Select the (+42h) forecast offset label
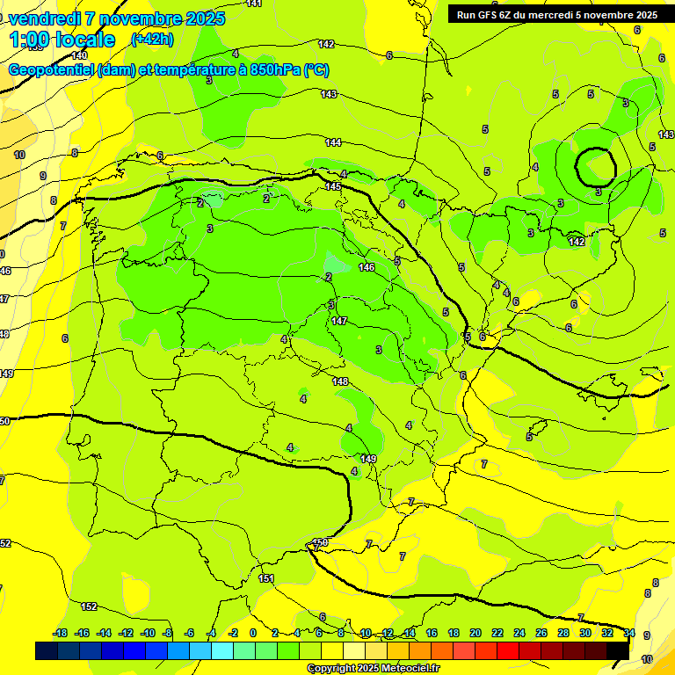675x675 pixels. click(x=151, y=39)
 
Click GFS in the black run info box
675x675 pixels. click(x=490, y=15)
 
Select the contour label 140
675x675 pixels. click(x=79, y=54)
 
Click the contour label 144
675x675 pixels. click(x=333, y=142)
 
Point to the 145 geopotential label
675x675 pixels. click(x=333, y=186)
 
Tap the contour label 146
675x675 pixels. click(x=367, y=267)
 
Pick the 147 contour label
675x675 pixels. click(x=340, y=321)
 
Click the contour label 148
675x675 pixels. click(x=341, y=381)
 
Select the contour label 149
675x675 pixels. click(x=369, y=459)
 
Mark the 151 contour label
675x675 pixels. click(x=266, y=578)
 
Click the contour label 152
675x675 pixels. click(x=89, y=606)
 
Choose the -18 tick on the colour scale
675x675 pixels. click(x=60, y=633)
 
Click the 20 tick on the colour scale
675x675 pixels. click(x=475, y=633)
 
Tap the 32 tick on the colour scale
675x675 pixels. click(x=607, y=633)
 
